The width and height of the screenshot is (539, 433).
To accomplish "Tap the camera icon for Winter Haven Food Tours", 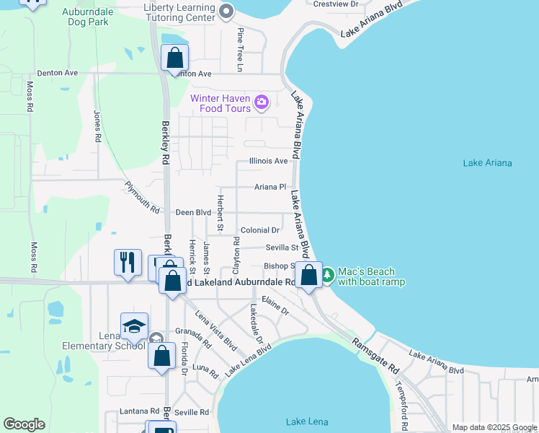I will (x=262, y=102).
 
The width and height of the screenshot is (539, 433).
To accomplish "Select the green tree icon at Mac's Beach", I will (x=328, y=275).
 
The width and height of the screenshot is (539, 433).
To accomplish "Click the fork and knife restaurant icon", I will (x=128, y=261).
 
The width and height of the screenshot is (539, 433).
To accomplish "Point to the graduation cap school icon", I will (x=135, y=326).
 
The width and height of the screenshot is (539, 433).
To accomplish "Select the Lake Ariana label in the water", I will (x=487, y=163).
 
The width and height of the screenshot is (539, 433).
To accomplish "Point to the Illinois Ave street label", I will (x=268, y=161).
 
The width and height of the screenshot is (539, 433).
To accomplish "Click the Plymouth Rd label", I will (x=142, y=198).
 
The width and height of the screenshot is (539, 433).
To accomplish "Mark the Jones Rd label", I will (x=97, y=125).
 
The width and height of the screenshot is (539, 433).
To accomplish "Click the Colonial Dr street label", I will (x=260, y=230).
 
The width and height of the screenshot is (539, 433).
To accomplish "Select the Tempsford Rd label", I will (x=400, y=401).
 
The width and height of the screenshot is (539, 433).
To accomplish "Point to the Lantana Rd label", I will (x=135, y=411).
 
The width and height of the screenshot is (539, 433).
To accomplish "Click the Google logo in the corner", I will (x=24, y=424).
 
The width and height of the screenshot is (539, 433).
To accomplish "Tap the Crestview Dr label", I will (x=337, y=4).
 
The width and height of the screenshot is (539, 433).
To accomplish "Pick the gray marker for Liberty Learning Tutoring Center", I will (x=227, y=11).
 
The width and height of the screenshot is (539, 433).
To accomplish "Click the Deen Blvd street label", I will (x=193, y=213).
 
